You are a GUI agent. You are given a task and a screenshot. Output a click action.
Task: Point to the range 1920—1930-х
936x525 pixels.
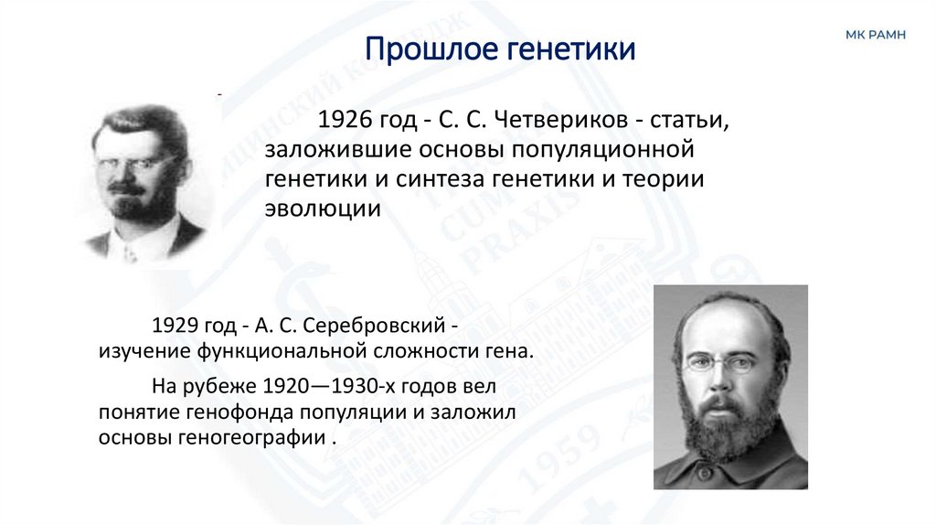point(327,387)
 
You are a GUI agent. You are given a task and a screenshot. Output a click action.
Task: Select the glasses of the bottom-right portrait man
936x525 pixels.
point(722,364)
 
